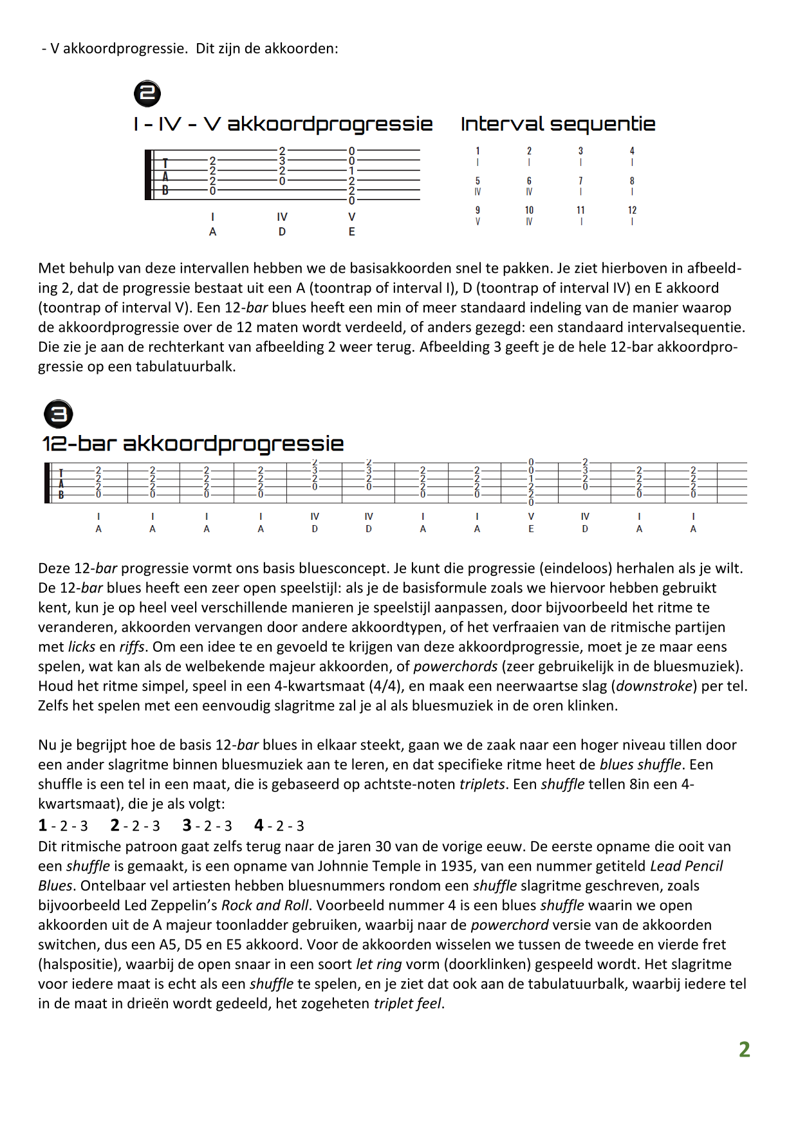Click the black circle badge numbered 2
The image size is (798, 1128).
point(147,93)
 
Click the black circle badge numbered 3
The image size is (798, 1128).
point(59,414)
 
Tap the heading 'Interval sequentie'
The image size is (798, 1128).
point(558,124)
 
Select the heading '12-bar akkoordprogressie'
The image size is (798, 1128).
point(193,443)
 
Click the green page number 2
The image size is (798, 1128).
point(744,1050)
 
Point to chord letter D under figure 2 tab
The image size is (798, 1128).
point(282,232)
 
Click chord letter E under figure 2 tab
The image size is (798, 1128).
point(352,232)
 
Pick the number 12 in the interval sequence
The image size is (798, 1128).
point(632,210)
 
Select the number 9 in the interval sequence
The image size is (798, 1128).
point(478,210)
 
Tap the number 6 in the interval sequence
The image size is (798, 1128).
point(529,181)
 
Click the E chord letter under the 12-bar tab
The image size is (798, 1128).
point(531,530)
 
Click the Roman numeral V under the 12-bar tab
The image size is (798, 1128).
point(531,517)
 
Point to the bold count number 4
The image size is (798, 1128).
point(259,826)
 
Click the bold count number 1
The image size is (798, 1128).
point(42,826)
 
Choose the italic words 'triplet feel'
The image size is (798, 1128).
point(407,1004)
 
